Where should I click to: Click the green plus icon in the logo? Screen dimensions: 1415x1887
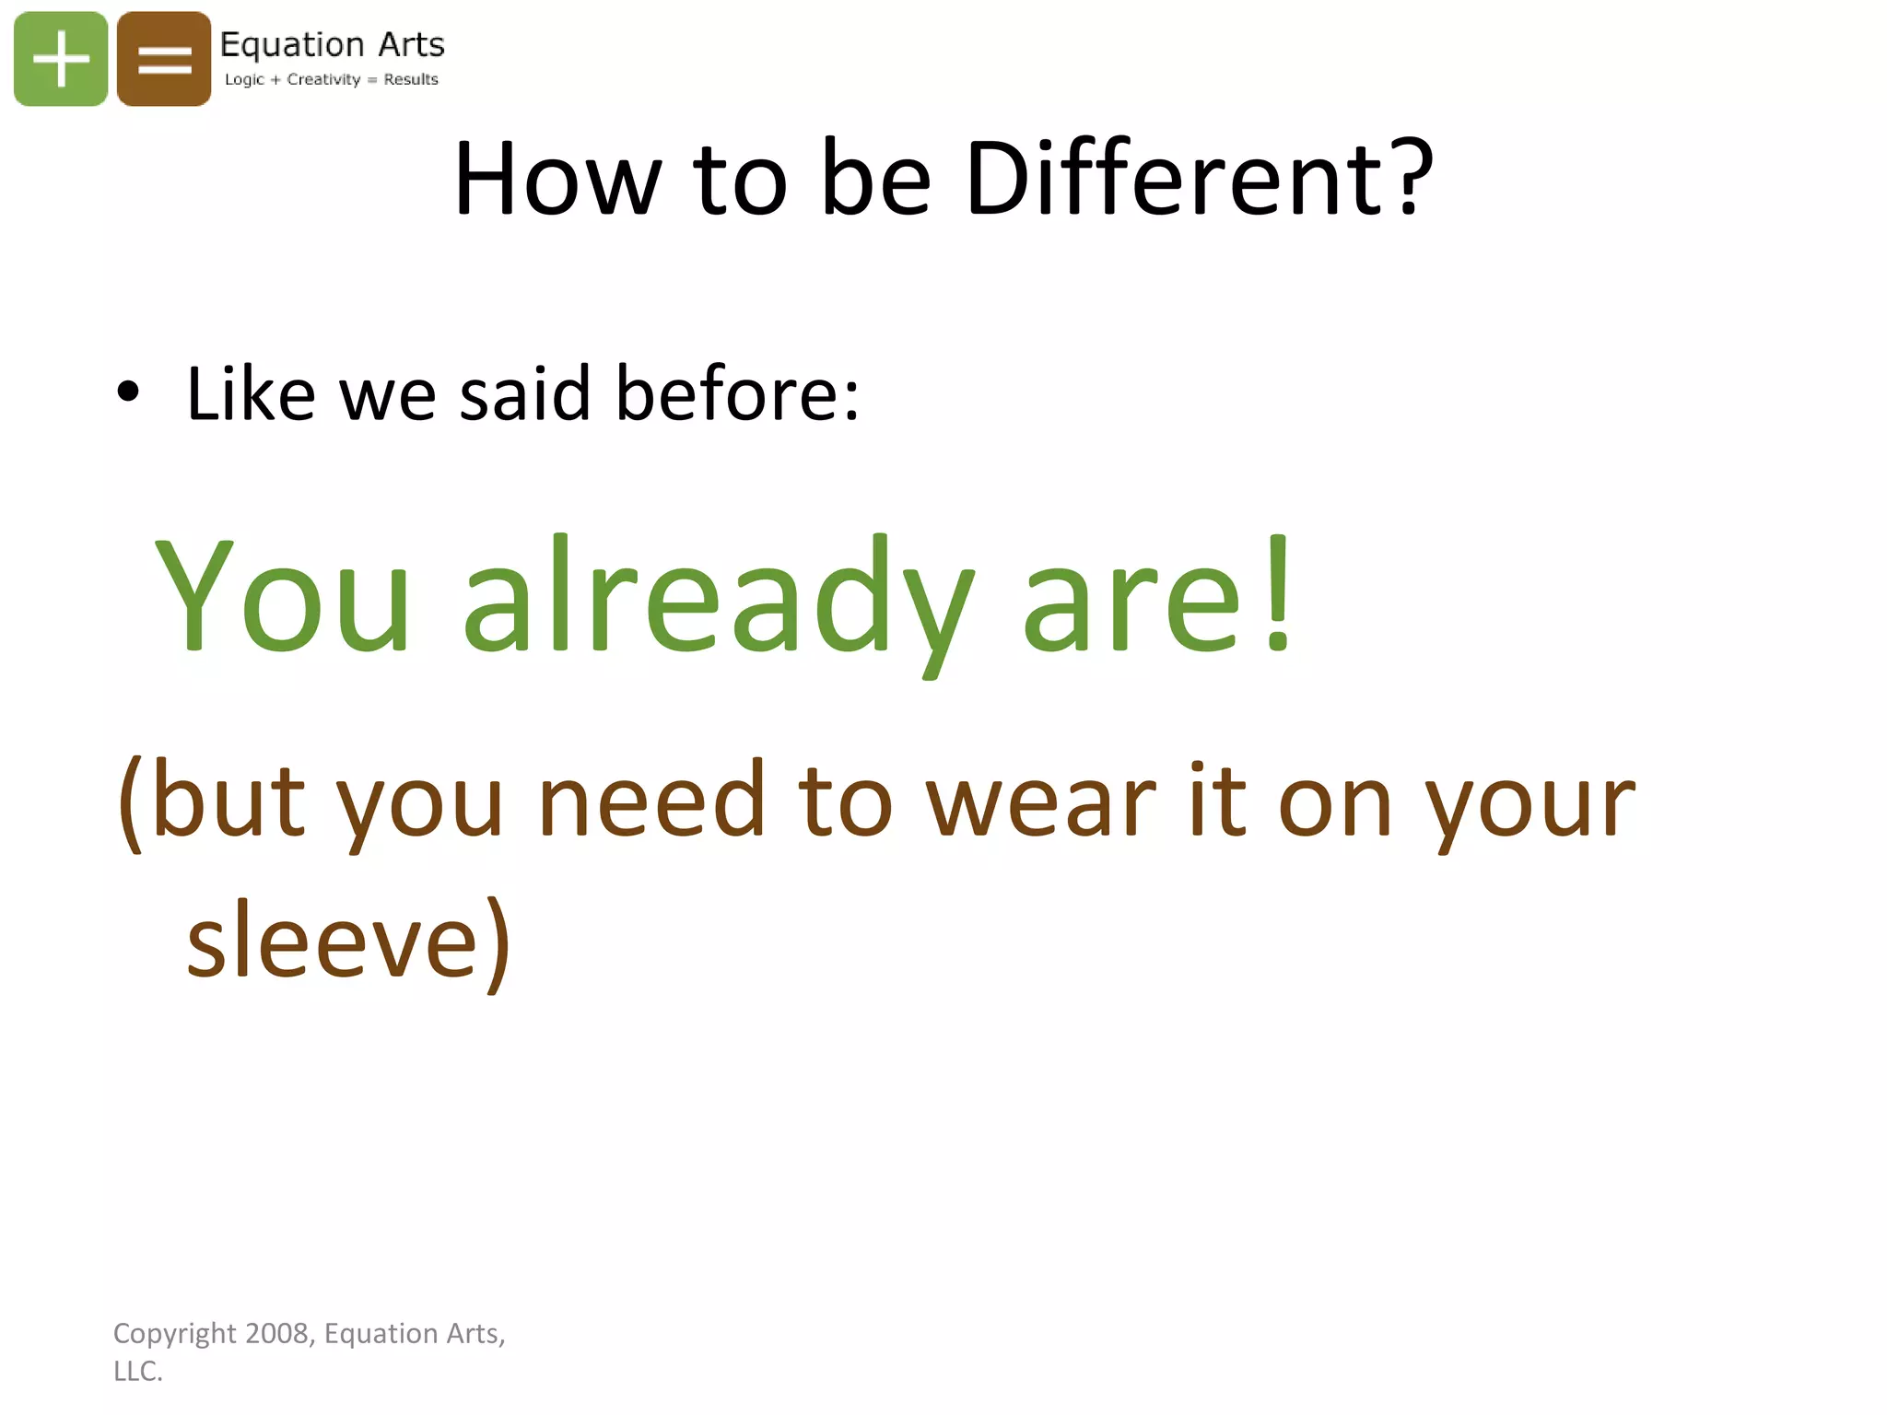[61, 59]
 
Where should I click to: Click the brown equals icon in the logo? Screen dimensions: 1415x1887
[164, 59]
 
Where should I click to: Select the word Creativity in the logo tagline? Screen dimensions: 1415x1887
[323, 79]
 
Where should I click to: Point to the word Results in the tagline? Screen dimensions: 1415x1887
[411, 79]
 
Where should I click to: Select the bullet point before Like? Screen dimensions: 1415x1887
[128, 392]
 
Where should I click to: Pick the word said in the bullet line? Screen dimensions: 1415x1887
[524, 394]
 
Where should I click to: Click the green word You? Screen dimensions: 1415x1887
[282, 594]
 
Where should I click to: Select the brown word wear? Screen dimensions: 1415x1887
[1040, 801]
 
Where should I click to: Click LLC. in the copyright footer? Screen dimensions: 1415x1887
[138, 1371]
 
